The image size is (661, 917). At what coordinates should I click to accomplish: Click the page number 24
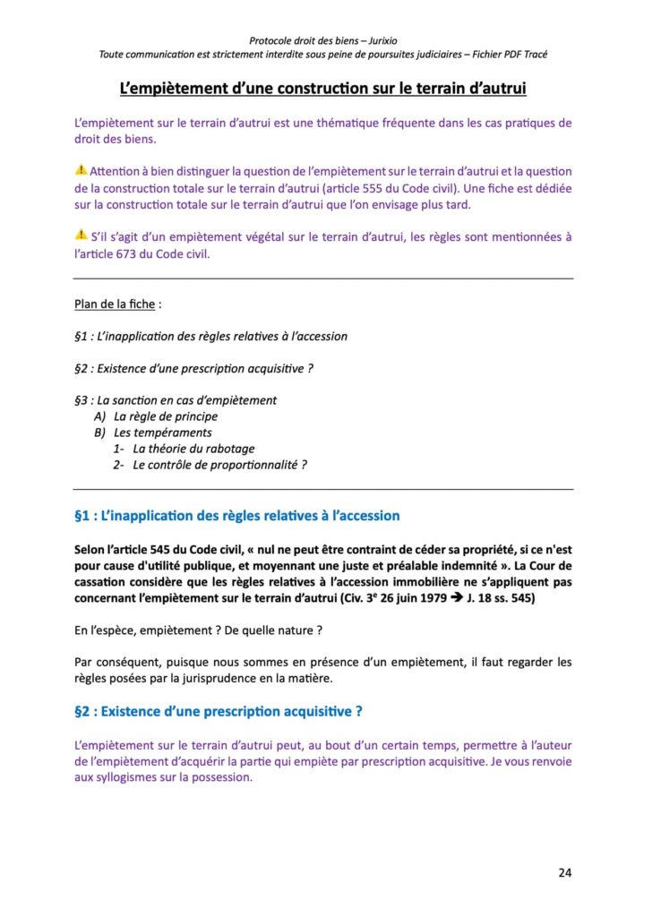click(564, 872)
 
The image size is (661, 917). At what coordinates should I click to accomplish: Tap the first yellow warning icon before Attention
click(81, 170)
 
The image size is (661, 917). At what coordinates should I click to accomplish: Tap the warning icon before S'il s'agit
click(81, 236)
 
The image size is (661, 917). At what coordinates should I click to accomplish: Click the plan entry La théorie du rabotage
click(193, 449)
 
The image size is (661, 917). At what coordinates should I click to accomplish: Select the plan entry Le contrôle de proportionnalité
click(219, 465)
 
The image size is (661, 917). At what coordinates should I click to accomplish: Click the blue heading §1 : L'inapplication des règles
click(237, 516)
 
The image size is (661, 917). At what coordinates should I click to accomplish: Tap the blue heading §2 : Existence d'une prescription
click(219, 712)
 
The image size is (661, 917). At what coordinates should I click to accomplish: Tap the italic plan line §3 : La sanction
click(176, 400)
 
